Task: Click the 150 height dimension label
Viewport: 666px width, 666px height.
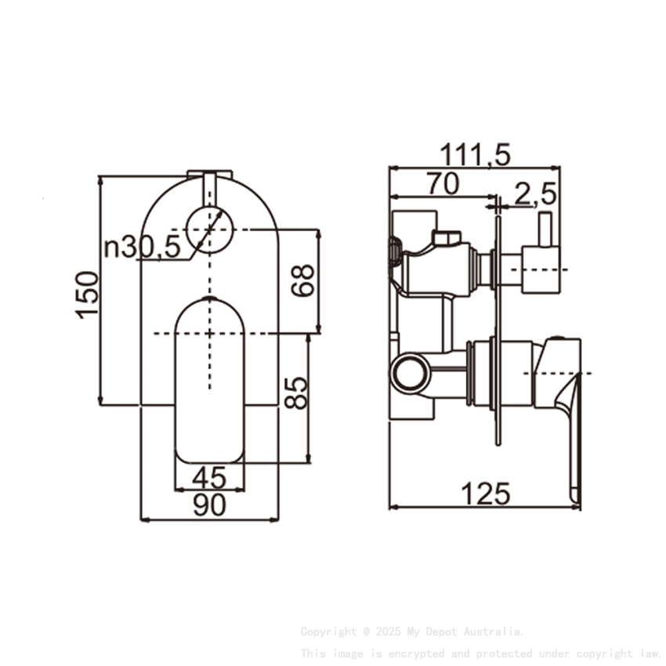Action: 89,294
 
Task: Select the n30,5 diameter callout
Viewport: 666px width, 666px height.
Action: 142,248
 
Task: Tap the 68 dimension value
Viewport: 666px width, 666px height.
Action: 303,280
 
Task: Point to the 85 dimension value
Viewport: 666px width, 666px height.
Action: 296,393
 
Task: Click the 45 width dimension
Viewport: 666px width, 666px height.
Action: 208,477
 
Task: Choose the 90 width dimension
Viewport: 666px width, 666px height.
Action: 208,506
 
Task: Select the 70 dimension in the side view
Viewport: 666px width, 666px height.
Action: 443,183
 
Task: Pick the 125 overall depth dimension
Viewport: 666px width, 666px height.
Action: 485,494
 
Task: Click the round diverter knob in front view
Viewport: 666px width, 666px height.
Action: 210,230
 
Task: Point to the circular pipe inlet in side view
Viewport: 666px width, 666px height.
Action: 411,372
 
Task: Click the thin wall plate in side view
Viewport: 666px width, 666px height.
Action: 498,329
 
